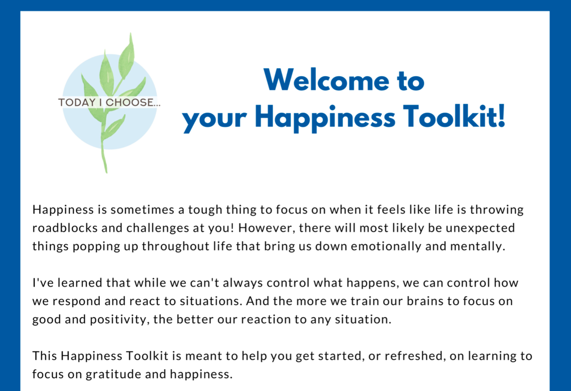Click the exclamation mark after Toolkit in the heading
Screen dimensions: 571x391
click(x=501, y=116)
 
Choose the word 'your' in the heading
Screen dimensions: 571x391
click(x=215, y=120)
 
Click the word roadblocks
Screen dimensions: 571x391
click(x=65, y=228)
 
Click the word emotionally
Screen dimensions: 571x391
click(x=386, y=247)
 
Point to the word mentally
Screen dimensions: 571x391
click(x=477, y=247)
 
